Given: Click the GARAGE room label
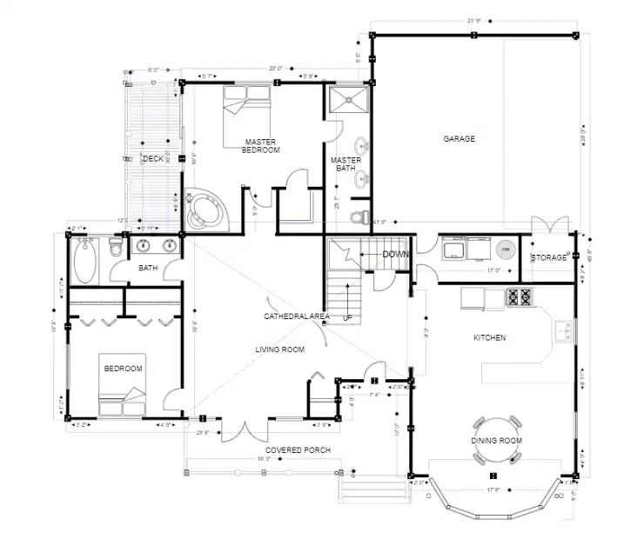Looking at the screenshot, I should [x=459, y=138].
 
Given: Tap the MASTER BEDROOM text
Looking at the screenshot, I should [x=261, y=145].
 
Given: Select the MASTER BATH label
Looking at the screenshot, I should [x=346, y=164].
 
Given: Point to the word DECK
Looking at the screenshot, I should [x=153, y=158].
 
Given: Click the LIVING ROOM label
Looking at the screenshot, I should [x=279, y=350].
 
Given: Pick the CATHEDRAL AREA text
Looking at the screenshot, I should [x=296, y=316].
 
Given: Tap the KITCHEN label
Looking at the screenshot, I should [x=489, y=337].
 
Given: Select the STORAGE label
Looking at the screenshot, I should [x=550, y=258].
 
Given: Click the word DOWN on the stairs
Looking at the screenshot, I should [x=396, y=255].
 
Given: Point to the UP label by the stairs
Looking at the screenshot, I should [x=348, y=317].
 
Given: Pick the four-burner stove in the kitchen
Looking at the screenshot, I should [x=520, y=297].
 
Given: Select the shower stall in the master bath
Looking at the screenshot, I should [x=348, y=101].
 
